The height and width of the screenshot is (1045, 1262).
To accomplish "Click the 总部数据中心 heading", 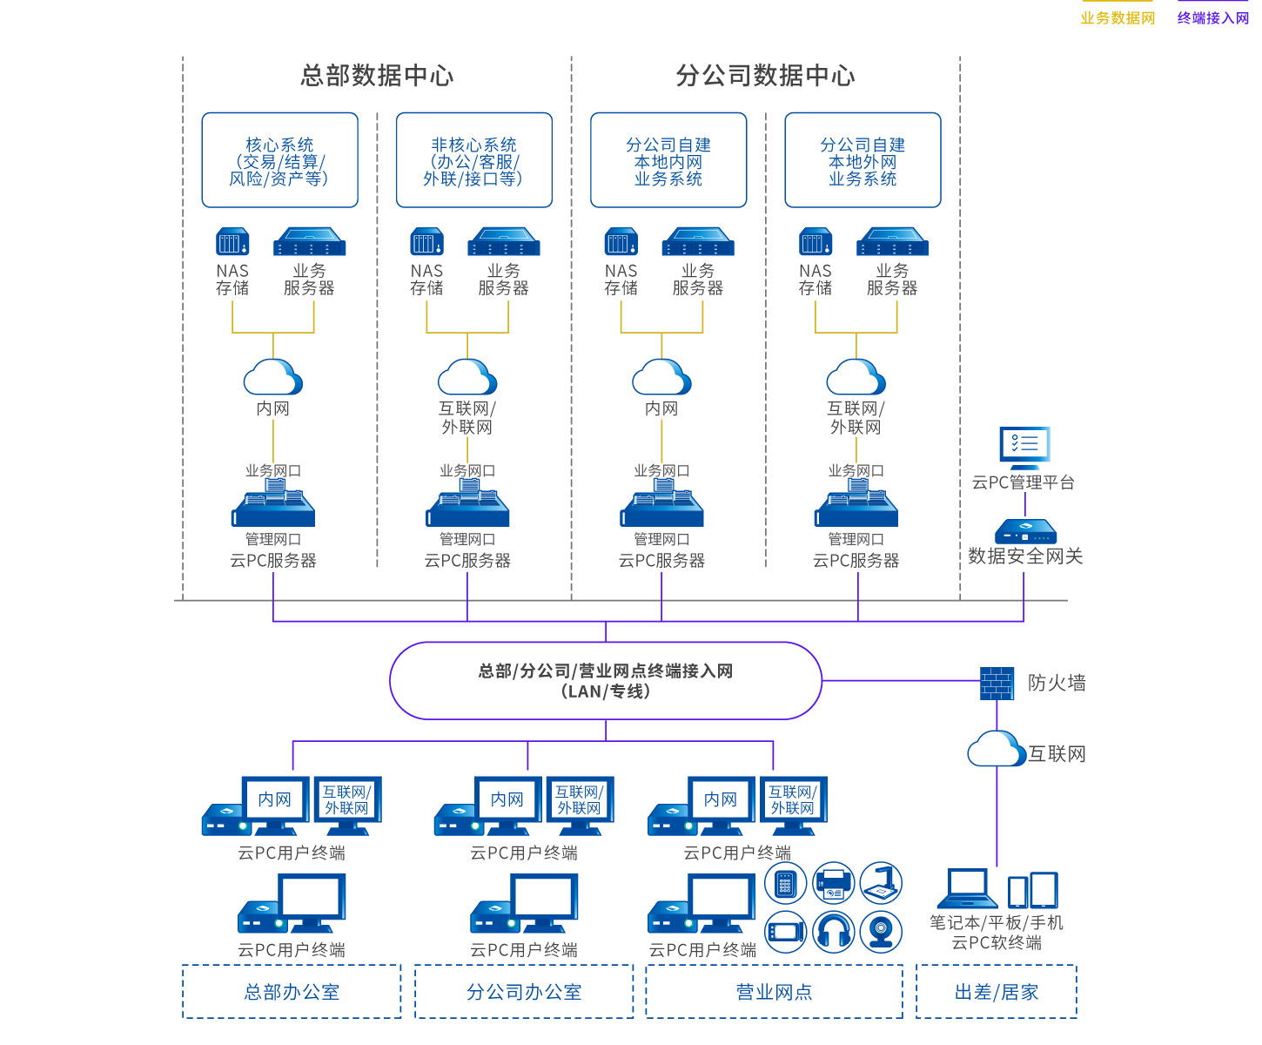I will pyautogui.click(x=377, y=76).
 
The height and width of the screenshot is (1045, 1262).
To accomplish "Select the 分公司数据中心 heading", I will pyautogui.click(x=765, y=76).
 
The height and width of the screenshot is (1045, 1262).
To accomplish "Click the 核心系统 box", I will pyautogui.click(x=279, y=160).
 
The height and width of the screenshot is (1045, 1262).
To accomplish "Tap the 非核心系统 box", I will pyautogui.click(x=473, y=160).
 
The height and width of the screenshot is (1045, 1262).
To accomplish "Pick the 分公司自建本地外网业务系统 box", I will pyautogui.click(x=863, y=160).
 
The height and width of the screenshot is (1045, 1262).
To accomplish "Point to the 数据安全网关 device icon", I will pyautogui.click(x=1025, y=531).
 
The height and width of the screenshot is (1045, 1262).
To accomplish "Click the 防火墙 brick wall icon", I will pyautogui.click(x=997, y=683).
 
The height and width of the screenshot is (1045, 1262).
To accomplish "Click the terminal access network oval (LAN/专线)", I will pyautogui.click(x=605, y=681).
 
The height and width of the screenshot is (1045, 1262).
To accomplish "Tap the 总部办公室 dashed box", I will pyautogui.click(x=292, y=991).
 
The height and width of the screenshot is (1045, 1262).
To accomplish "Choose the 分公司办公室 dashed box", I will pyautogui.click(x=524, y=991).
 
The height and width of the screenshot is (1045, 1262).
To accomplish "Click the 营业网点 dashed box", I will pyautogui.click(x=774, y=991).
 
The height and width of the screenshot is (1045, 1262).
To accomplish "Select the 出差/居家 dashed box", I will pyautogui.click(x=997, y=991).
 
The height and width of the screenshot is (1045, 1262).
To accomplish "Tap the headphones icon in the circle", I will pyautogui.click(x=834, y=932).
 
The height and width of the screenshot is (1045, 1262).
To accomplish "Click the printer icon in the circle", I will pyautogui.click(x=834, y=884).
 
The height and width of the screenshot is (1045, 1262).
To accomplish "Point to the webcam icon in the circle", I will pyautogui.click(x=882, y=932).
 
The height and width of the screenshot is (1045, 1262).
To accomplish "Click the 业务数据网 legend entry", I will pyautogui.click(x=1118, y=17).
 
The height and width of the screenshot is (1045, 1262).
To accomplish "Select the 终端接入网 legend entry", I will pyautogui.click(x=1212, y=17).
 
